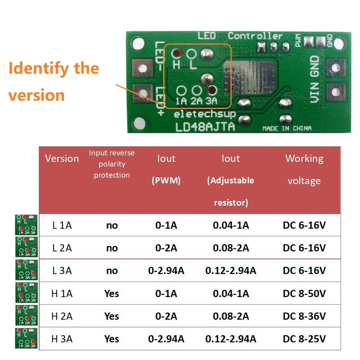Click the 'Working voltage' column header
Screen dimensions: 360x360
coord(304,170)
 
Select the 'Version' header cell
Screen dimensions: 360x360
coord(62,158)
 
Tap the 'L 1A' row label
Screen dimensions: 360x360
coord(62,225)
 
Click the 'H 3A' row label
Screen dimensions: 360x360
coord(62,338)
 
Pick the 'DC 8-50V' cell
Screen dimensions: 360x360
coord(304,293)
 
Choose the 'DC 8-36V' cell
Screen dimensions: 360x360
coord(304,316)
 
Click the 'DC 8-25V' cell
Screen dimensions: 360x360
coord(304,338)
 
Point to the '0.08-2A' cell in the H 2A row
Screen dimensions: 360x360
coord(231,316)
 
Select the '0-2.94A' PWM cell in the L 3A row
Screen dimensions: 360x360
coord(166,270)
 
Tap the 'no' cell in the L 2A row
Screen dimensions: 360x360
coord(112,248)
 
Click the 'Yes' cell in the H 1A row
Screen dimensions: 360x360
coord(112,293)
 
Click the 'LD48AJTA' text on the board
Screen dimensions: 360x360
coord(205,127)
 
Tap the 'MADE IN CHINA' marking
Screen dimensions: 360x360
coord(287,129)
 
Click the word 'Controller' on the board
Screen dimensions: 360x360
coord(255,36)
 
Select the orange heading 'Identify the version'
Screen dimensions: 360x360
coord(53,81)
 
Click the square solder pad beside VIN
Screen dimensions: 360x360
coord(335,91)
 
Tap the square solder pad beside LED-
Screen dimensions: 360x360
coord(143,68)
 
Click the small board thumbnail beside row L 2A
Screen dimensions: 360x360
coord(27,247)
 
